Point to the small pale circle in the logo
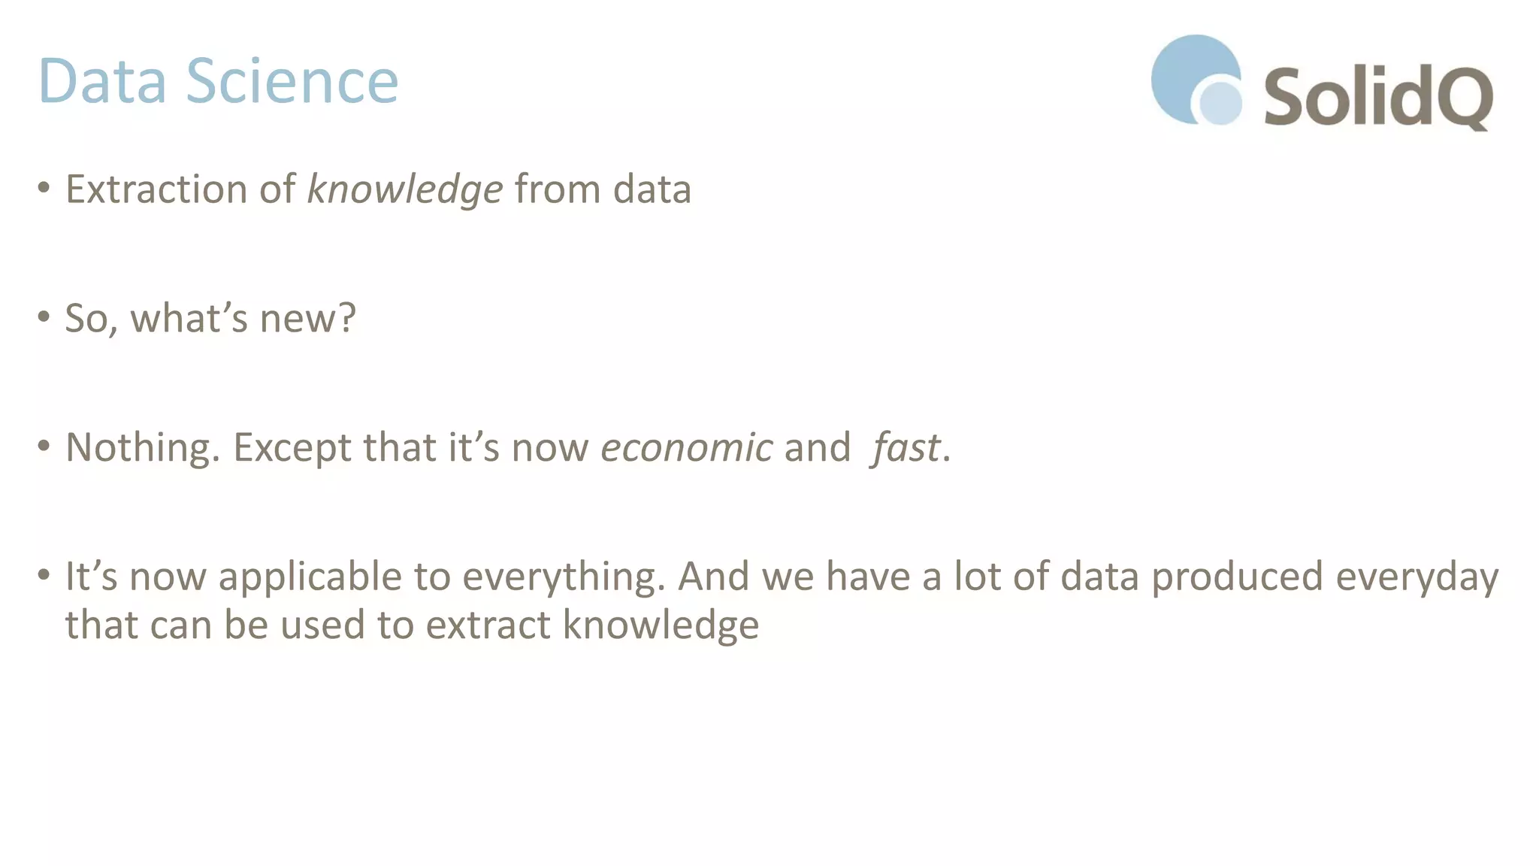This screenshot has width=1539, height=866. coord(1220,102)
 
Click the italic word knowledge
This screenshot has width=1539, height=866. coord(404,189)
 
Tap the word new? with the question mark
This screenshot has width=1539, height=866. coord(307,318)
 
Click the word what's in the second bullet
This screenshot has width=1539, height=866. coord(189,318)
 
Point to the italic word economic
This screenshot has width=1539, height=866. coord(686,448)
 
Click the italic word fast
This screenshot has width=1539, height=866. coord(906,448)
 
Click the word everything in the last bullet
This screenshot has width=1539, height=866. coord(564,577)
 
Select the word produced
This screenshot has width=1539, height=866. coord(1237,577)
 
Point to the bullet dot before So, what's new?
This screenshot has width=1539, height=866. coord(44,316)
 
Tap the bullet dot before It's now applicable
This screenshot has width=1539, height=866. coord(44,575)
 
